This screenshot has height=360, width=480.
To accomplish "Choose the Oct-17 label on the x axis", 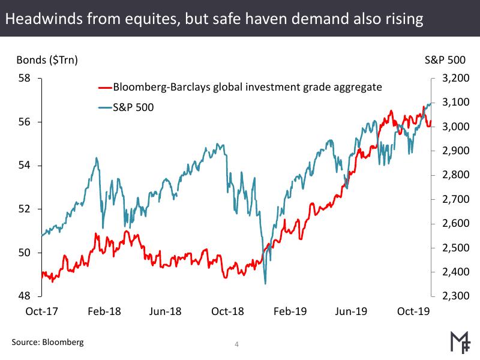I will (41, 312).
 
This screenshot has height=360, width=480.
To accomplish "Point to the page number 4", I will (237, 344).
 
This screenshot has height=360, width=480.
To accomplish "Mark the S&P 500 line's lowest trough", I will (265, 283).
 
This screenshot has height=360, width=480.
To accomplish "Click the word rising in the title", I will (404, 19).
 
